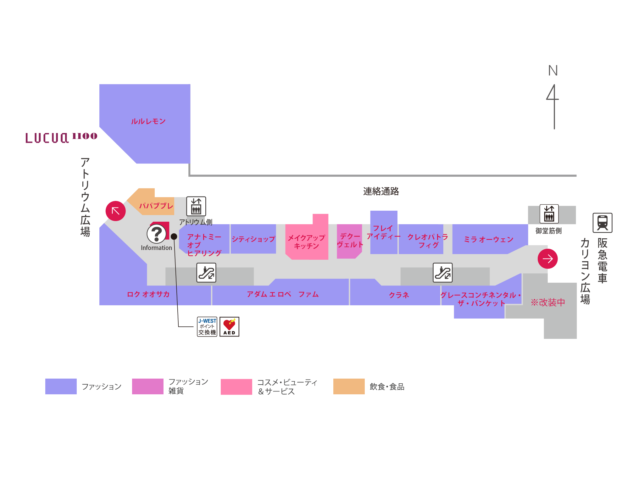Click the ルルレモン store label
click(148, 121)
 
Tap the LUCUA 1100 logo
click(61, 138)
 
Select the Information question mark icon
click(156, 234)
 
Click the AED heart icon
click(229, 326)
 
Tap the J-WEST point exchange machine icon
click(207, 326)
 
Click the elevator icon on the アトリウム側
click(196, 206)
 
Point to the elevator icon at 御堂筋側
click(549, 214)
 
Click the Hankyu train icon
click(602, 223)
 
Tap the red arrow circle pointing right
click(547, 259)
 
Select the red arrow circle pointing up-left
click(115, 211)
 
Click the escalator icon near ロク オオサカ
click(206, 273)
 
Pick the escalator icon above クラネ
click(442, 273)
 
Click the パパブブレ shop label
click(156, 206)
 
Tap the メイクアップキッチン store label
click(306, 242)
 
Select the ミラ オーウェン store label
click(488, 240)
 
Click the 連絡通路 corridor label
click(381, 191)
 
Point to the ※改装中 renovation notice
click(548, 302)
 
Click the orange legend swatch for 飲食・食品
click(349, 386)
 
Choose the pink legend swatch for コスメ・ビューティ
click(236, 386)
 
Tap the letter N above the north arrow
click(553, 71)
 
